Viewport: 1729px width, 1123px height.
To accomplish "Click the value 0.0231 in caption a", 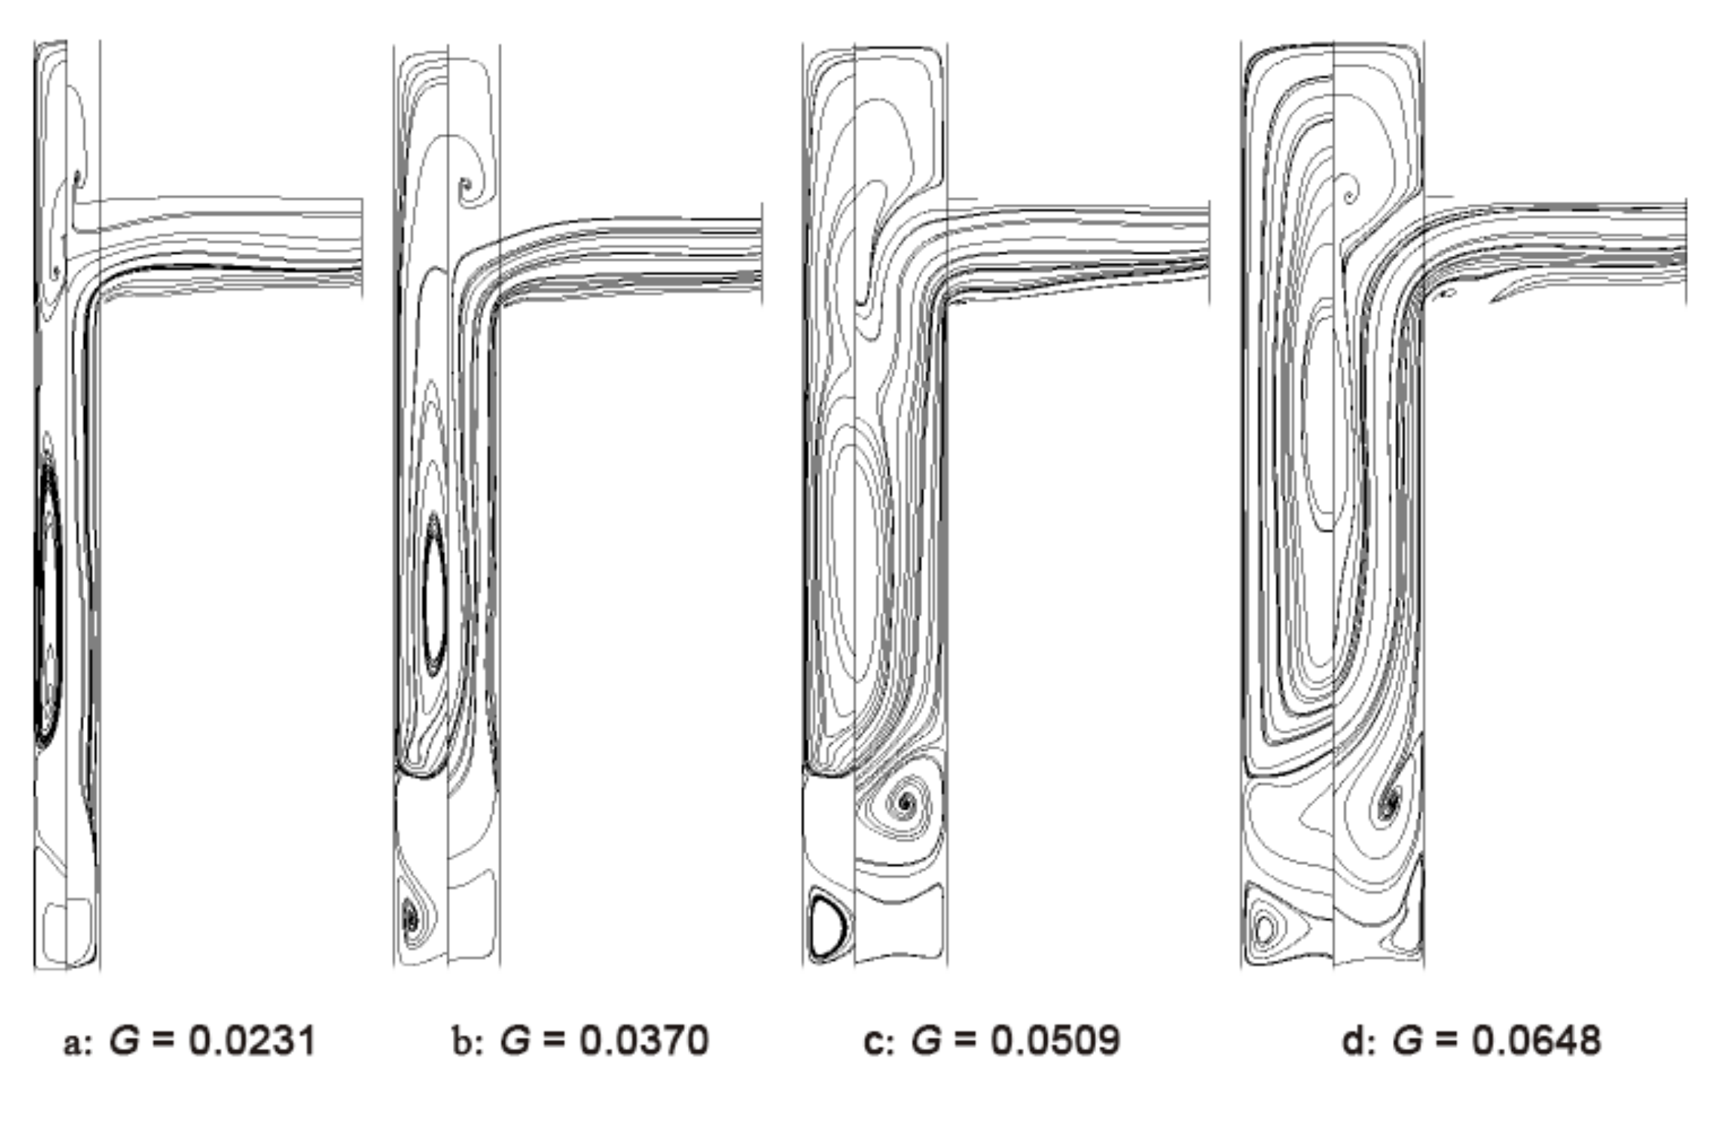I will coord(252,1040).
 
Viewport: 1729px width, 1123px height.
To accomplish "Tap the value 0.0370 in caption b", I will coord(644,1040).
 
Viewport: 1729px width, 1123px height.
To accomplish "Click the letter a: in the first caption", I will coord(77,1042).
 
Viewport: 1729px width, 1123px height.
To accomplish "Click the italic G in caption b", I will coord(515,1040).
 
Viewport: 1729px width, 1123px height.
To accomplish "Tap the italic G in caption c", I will coord(927,1040).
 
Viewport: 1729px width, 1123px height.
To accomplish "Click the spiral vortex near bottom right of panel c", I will coord(905,802).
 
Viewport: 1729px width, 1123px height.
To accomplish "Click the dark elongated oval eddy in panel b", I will coord(434,595).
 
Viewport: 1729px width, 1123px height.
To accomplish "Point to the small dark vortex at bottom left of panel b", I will coord(410,916).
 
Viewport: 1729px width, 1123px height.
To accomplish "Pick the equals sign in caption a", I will coord(164,1040).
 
